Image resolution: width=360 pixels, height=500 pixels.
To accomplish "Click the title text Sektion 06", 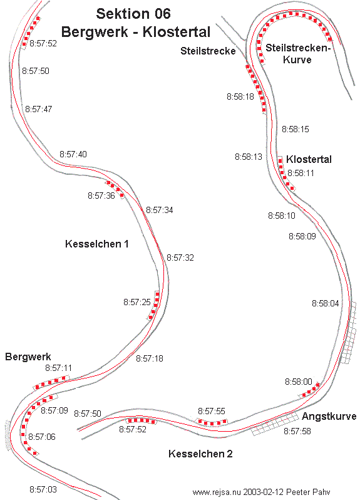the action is click(133, 14).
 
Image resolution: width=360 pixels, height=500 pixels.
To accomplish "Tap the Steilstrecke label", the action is click(208, 51).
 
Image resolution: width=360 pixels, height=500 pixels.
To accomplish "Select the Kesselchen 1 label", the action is click(97, 244).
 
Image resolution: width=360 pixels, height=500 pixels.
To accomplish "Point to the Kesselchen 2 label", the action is click(200, 454).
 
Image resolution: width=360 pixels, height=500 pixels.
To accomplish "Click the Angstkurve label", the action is click(329, 417).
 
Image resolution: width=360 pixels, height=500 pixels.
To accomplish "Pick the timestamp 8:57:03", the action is click(43, 489).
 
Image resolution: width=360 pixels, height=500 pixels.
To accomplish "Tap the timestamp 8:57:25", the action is click(137, 302).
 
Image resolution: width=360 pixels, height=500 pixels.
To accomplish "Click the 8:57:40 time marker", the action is click(73, 154).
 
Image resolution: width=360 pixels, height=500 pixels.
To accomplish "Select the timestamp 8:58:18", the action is click(240, 96).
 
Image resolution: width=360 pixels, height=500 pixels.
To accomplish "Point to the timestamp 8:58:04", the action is click(326, 303).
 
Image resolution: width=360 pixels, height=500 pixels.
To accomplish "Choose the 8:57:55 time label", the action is click(212, 411).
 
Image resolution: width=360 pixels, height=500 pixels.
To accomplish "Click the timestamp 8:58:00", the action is click(299, 382).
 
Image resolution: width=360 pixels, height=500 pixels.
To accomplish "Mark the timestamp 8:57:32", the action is click(180, 258).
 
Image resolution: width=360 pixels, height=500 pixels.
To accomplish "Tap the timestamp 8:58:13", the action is click(249, 157).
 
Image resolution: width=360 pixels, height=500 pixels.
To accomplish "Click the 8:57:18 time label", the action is click(150, 359).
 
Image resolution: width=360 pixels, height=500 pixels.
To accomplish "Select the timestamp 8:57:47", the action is click(39, 109).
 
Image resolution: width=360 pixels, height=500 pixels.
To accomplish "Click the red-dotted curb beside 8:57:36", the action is click(115, 189).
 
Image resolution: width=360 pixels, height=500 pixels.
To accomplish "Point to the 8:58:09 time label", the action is click(302, 236).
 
